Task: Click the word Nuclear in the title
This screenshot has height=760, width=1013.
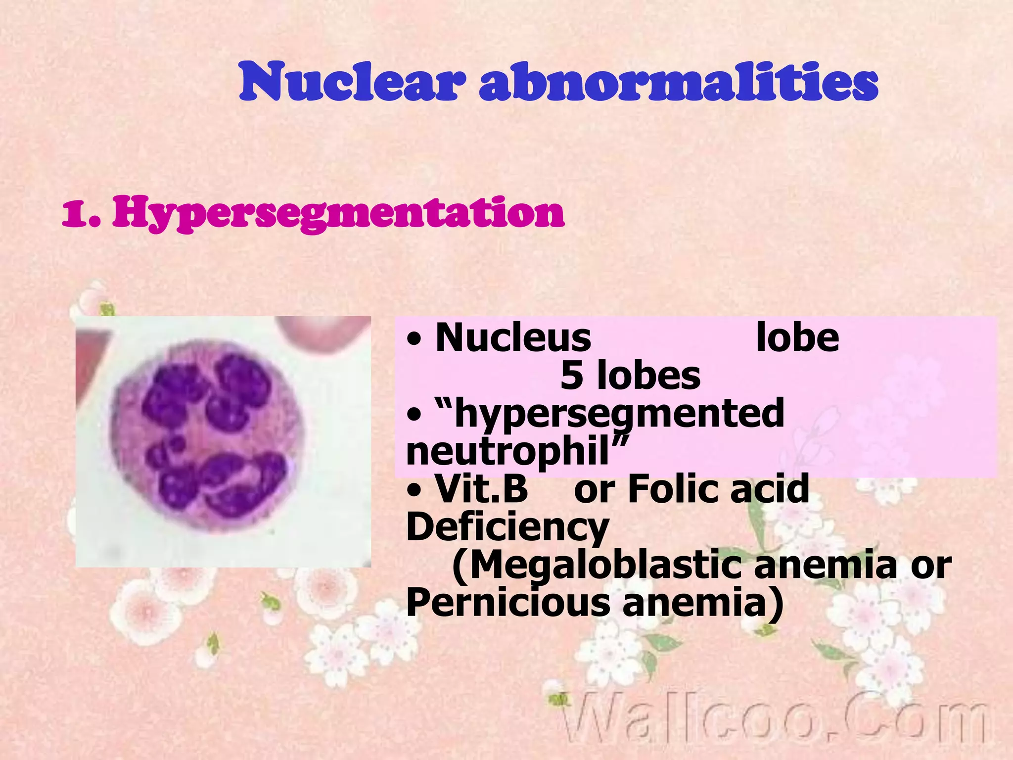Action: [x=352, y=82]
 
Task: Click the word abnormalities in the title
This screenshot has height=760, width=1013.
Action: [x=678, y=82]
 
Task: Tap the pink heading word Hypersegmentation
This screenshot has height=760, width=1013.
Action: [x=338, y=213]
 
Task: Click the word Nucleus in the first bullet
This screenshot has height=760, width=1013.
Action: [x=513, y=338]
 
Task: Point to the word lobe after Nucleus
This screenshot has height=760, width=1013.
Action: [x=797, y=338]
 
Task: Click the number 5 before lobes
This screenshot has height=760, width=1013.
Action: [x=571, y=376]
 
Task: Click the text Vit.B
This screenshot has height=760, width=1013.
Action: [x=481, y=489]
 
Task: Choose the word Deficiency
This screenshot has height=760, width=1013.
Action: [x=507, y=527]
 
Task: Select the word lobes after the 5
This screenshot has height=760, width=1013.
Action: [x=648, y=376]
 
